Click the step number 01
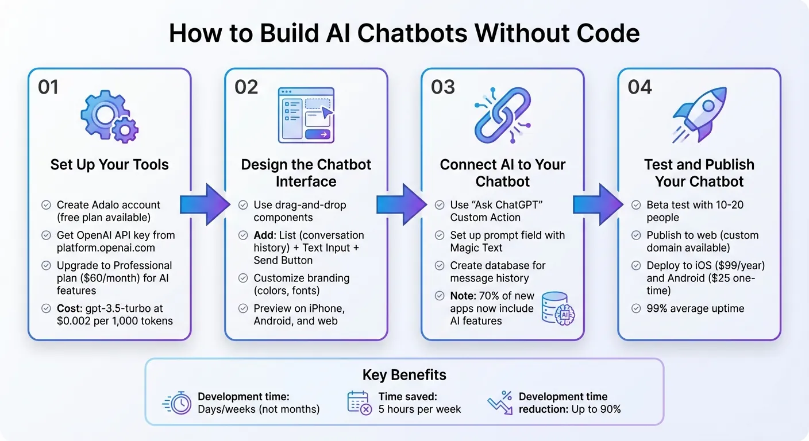pyautogui.click(x=48, y=87)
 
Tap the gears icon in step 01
pyautogui.click(x=109, y=115)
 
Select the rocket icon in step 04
pyautogui.click(x=699, y=114)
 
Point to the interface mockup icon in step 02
pyautogui.click(x=306, y=115)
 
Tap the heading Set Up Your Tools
pyautogui.click(x=109, y=165)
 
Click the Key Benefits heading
pyautogui.click(x=404, y=376)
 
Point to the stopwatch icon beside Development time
pyautogui.click(x=178, y=403)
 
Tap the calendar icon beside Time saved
pyautogui.click(x=360, y=403)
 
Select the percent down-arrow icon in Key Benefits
pyautogui.click(x=499, y=403)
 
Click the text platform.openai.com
pyautogui.click(x=106, y=247)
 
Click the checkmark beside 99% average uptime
pyautogui.click(x=636, y=308)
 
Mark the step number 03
pyautogui.click(x=442, y=87)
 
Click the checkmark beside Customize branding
pyautogui.click(x=242, y=278)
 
